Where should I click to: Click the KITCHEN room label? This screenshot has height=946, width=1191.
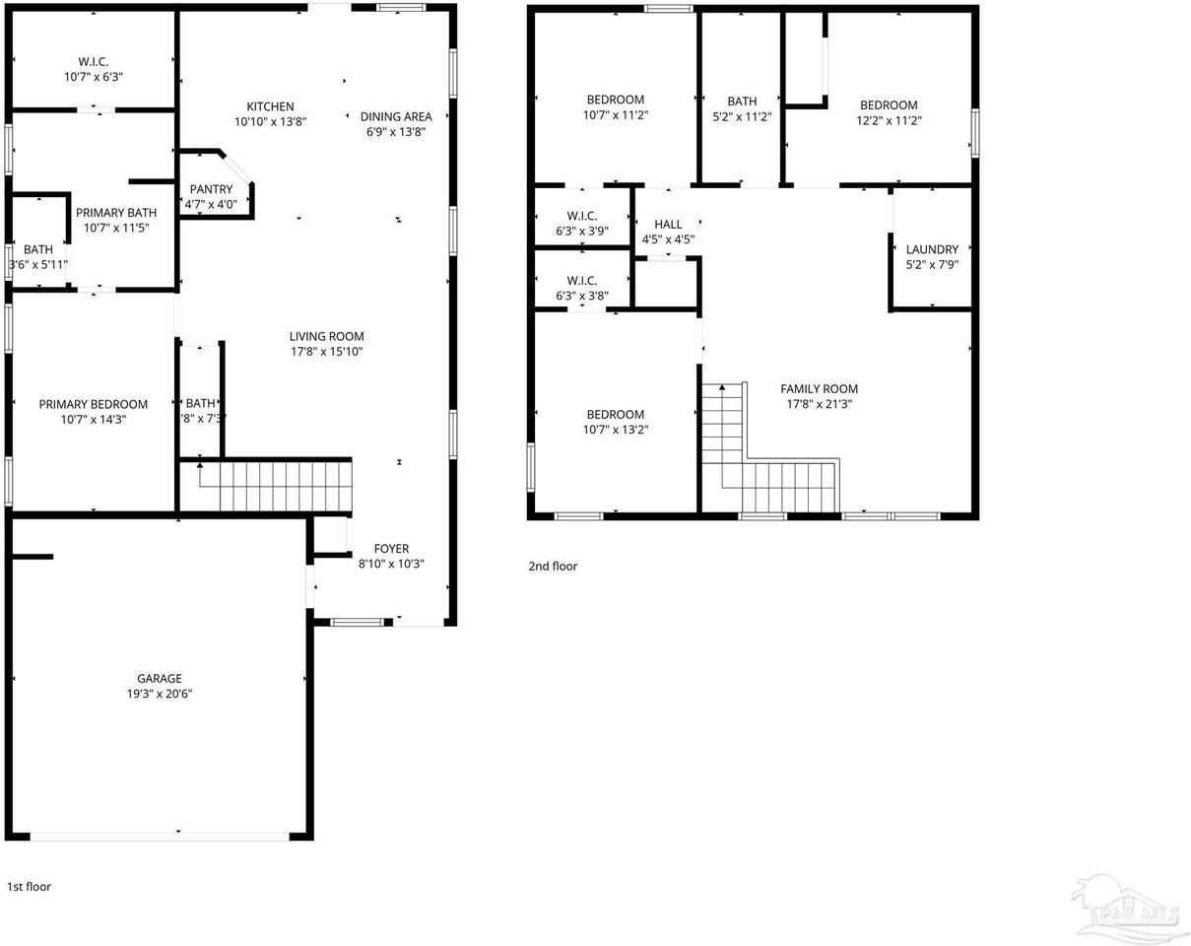click(270, 106)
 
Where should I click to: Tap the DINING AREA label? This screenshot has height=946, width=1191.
click(396, 116)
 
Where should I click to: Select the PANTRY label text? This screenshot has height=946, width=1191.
click(211, 189)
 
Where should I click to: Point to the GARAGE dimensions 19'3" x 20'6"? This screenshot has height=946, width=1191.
click(159, 694)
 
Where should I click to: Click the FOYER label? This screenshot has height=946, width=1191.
click(391, 549)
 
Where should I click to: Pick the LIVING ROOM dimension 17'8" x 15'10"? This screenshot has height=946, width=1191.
click(327, 351)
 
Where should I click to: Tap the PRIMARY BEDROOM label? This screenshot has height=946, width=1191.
click(94, 404)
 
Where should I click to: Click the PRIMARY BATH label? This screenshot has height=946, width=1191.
click(116, 212)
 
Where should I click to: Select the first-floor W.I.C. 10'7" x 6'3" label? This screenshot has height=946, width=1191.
click(94, 68)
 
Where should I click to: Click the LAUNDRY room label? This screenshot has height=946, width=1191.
click(932, 250)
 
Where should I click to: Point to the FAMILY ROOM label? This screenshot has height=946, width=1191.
click(819, 389)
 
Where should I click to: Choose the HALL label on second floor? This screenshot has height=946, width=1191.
click(668, 225)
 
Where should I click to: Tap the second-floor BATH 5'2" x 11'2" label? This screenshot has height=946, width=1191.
click(742, 107)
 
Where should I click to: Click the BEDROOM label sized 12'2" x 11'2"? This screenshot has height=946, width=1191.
click(889, 105)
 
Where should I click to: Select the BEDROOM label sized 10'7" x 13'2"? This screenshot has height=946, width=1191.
click(616, 415)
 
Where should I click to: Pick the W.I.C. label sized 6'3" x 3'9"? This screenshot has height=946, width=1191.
click(582, 217)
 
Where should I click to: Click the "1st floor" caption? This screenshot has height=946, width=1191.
click(29, 887)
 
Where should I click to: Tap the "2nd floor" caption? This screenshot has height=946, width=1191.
click(553, 567)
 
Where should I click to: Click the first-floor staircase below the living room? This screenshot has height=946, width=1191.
click(275, 486)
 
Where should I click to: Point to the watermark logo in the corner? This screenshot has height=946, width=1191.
click(1126, 906)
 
